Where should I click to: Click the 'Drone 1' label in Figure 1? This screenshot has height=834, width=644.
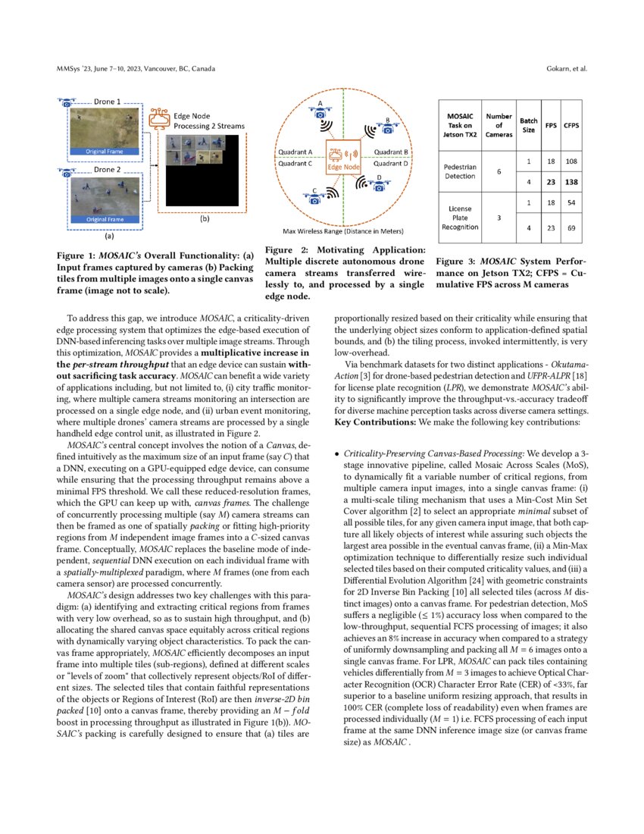(x=107, y=101)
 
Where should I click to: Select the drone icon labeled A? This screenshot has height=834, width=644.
(x=320, y=112)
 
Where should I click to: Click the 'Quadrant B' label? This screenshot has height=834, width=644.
(x=392, y=152)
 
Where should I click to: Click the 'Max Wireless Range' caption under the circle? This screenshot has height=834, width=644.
(x=342, y=230)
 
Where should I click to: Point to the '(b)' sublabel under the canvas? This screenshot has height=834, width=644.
(x=204, y=219)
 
